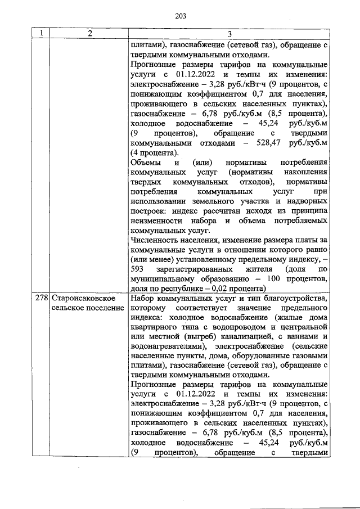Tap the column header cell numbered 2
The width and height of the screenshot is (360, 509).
(x=88, y=34)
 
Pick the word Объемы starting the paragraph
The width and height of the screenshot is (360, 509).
(x=144, y=163)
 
